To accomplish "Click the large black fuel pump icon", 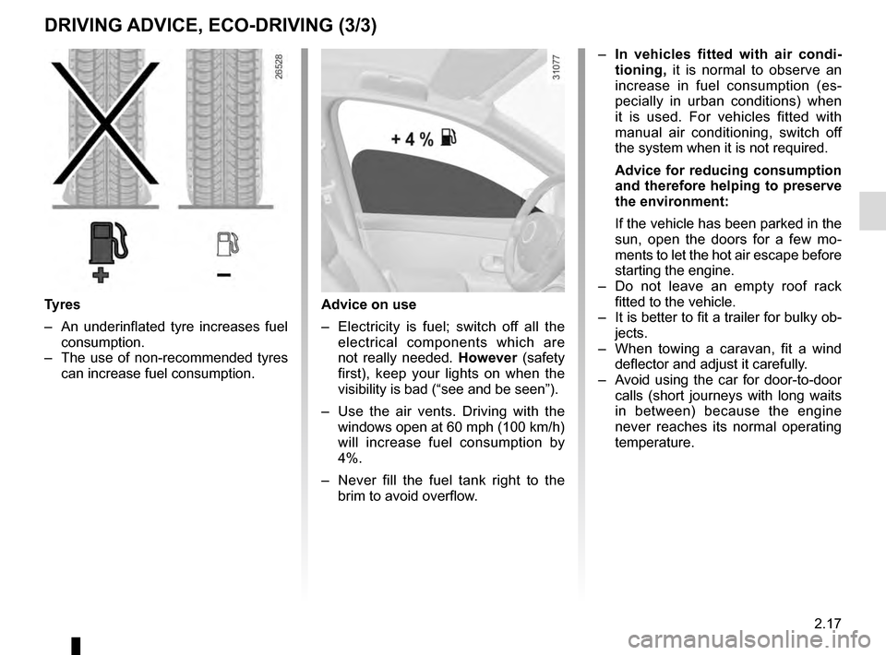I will tap(105, 245).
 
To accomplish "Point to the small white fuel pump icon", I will tap(225, 244).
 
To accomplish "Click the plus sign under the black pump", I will tap(100, 275).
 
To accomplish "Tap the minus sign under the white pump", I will tap(222, 275).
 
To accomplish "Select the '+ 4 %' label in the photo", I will tap(412, 138).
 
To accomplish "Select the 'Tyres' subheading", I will tap(62, 304).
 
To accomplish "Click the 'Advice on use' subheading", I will tap(368, 304).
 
